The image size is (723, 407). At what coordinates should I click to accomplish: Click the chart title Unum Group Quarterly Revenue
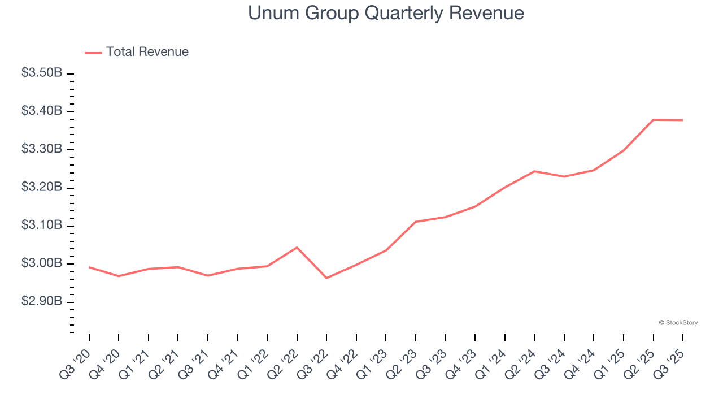(386, 13)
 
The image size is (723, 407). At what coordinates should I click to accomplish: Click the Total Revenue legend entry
(137, 52)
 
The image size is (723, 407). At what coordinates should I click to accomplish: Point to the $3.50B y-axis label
(41, 73)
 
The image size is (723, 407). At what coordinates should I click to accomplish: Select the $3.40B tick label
(41, 111)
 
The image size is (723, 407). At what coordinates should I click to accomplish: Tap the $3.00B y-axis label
(41, 263)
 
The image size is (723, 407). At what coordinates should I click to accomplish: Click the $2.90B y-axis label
(41, 301)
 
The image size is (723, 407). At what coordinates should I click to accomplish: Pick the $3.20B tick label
(41, 187)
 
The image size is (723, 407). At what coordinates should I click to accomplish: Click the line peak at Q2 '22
(297, 247)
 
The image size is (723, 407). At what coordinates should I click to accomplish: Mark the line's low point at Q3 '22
(326, 278)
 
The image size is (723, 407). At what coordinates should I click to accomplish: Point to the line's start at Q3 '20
(89, 267)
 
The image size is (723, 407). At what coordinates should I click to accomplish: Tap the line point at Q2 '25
(653, 120)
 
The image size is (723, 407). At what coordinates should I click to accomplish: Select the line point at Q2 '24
(534, 171)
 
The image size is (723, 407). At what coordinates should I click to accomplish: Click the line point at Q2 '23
(416, 222)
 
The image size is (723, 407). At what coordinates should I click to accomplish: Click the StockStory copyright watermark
(678, 323)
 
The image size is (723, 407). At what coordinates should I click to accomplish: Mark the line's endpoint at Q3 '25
(682, 120)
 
